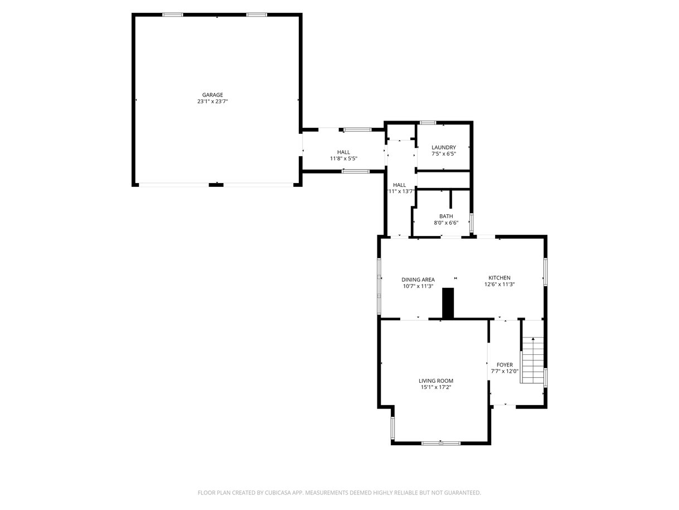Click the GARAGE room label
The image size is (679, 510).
pyautogui.click(x=212, y=95)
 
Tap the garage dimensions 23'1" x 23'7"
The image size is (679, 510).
pyautogui.click(x=212, y=101)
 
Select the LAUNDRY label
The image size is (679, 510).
pyautogui.click(x=443, y=147)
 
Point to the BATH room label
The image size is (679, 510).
pyautogui.click(x=446, y=216)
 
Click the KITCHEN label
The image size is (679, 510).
pyautogui.click(x=499, y=278)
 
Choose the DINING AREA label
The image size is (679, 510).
pyautogui.click(x=418, y=280)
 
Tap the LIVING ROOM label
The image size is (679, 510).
pyautogui.click(x=435, y=381)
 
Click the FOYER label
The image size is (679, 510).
pyautogui.click(x=505, y=365)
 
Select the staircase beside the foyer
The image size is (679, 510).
pyautogui.click(x=532, y=360)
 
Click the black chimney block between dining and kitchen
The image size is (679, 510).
pyautogui.click(x=448, y=303)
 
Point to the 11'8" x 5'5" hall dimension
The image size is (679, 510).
pyautogui.click(x=343, y=158)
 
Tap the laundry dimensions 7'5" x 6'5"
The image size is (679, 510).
pyautogui.click(x=444, y=153)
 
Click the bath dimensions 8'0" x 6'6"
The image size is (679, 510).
pyautogui.click(x=446, y=223)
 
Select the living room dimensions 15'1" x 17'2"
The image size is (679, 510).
pyautogui.click(x=435, y=387)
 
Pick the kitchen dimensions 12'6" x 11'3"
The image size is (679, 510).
pyautogui.click(x=499, y=284)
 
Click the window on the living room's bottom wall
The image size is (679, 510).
pyautogui.click(x=440, y=443)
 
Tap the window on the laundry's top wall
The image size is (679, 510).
pyautogui.click(x=428, y=123)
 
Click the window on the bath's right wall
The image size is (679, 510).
pyautogui.click(x=472, y=223)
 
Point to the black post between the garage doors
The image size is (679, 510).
pyautogui.click(x=216, y=185)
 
